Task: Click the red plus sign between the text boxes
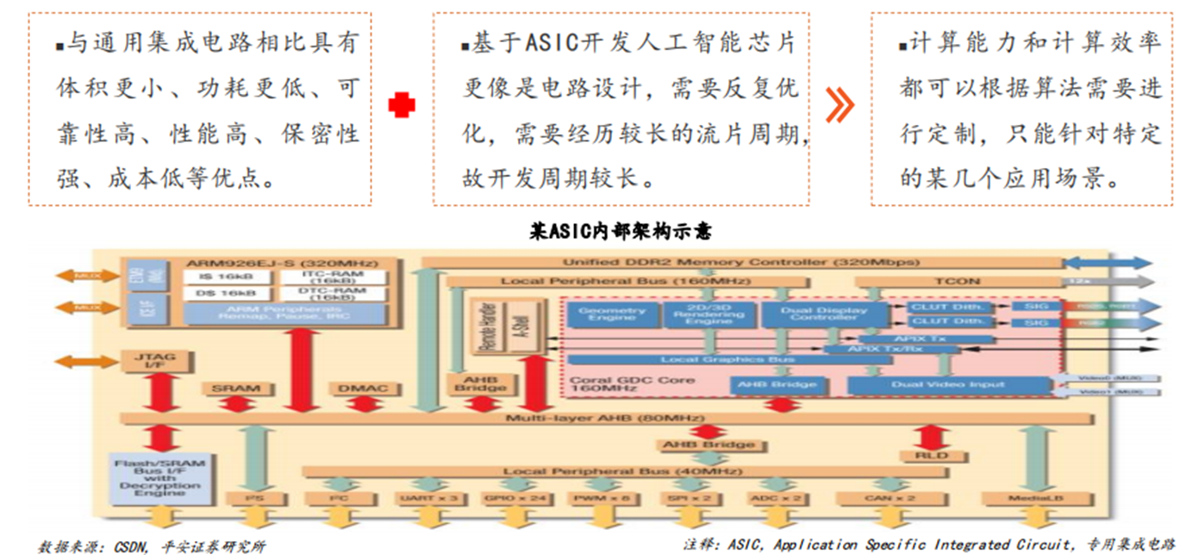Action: (401, 105)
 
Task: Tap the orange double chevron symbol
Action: (839, 104)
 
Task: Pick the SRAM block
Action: (235, 389)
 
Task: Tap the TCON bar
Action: (957, 281)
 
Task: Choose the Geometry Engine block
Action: (611, 315)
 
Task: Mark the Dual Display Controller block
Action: (825, 315)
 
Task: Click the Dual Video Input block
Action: (947, 385)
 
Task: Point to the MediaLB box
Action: (1033, 498)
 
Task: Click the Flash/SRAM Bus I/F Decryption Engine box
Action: (159, 477)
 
